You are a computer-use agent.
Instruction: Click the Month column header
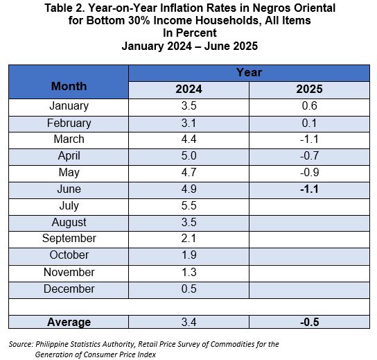69,86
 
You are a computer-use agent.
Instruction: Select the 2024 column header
188,89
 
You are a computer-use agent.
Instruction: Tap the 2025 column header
309,89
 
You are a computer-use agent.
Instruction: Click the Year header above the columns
249,72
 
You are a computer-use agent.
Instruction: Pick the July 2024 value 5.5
188,206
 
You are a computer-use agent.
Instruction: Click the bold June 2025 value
309,189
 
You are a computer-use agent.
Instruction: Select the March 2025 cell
309,139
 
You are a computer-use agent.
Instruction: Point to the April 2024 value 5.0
188,155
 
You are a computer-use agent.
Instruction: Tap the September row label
69,239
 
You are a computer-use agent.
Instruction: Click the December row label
69,289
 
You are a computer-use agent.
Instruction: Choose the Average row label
69,322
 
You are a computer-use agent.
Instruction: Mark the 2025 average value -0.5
310,323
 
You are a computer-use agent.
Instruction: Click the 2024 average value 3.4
188,323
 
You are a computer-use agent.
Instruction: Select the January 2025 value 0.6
310,106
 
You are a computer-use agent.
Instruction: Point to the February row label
69,123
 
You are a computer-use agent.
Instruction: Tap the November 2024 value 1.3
188,272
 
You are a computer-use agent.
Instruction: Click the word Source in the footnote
21,344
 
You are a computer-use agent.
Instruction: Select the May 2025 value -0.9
310,173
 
